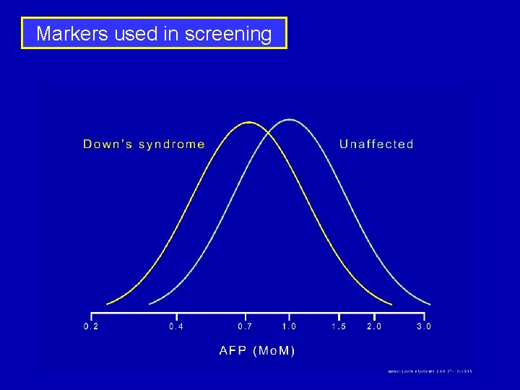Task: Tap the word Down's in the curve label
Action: pos(106,144)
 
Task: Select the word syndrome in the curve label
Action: pos(171,144)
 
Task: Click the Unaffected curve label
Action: pos(376,144)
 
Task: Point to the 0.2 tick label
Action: pos(92,326)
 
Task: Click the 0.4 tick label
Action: pos(176,326)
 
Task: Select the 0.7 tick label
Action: pos(246,326)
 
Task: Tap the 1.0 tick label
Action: pos(289,326)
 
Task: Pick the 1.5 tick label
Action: pos(339,326)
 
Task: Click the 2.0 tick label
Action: pos(374,326)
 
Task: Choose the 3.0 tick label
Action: pos(424,326)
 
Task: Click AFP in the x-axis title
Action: pos(233,351)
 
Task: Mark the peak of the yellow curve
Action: pos(249,122)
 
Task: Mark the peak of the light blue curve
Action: pos(289,119)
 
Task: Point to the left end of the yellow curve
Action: pos(108,303)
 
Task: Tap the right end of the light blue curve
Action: pos(430,304)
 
